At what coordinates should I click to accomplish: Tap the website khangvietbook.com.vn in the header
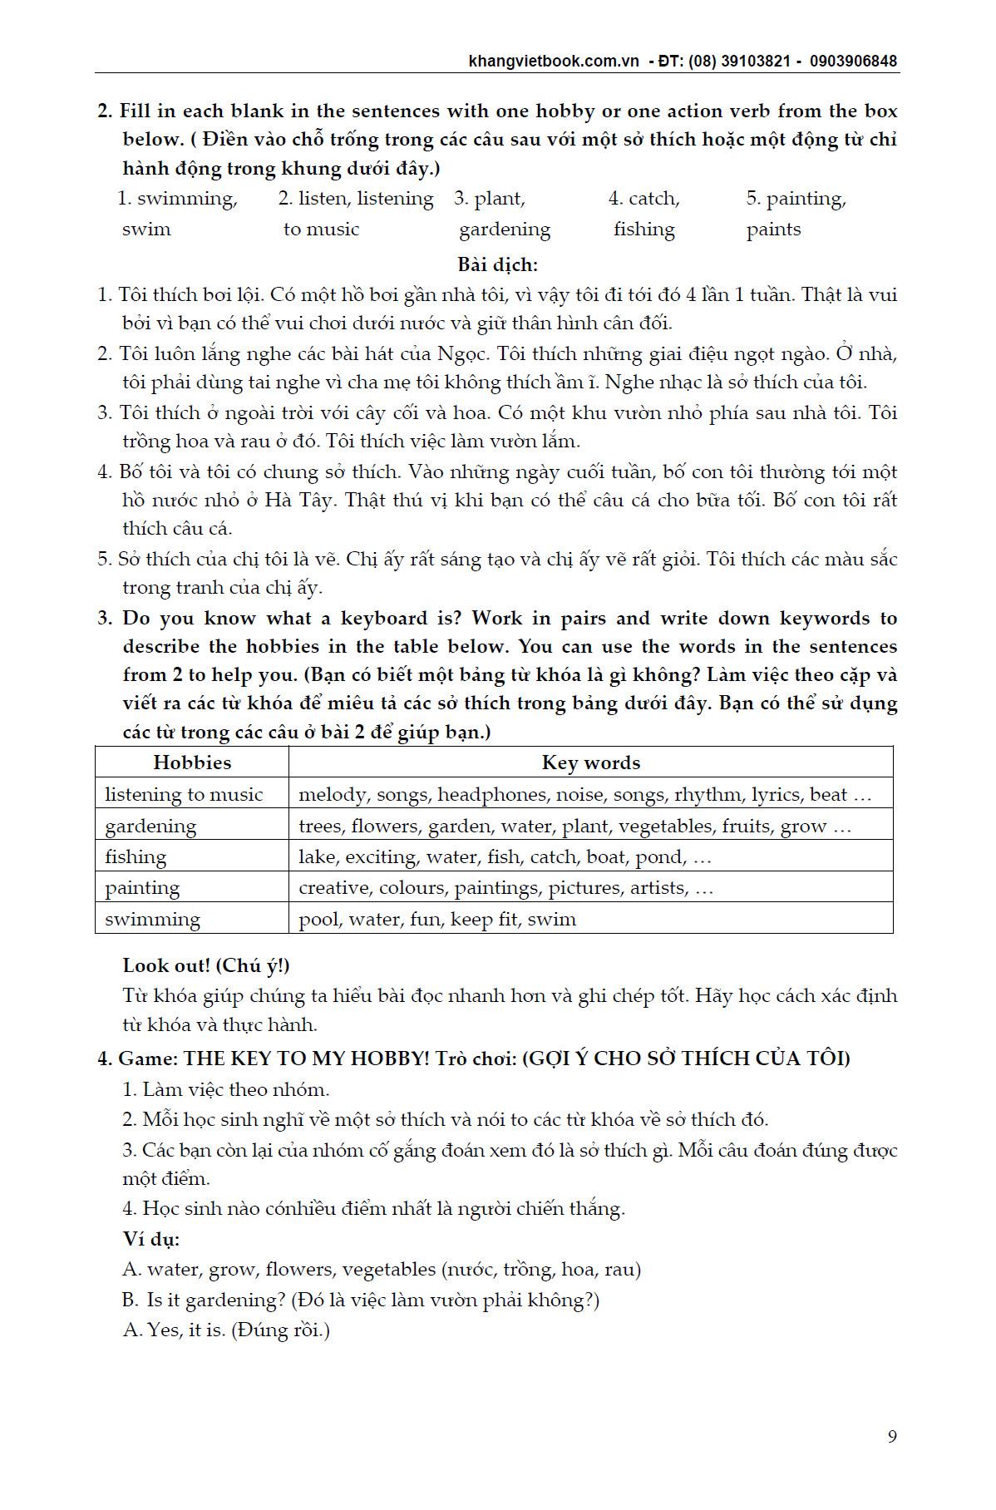point(554,61)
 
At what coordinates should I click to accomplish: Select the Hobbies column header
point(192,762)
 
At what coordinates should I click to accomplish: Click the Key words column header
point(590,762)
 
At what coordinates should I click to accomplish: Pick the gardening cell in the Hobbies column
point(150,826)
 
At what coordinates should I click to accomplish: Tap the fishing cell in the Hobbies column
point(136,856)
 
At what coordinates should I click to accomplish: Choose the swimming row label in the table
point(152,919)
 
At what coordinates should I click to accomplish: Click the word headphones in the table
point(492,794)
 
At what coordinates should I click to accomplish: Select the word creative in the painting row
point(334,888)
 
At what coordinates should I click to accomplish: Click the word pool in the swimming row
point(318,920)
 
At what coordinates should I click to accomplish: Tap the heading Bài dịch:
point(497,265)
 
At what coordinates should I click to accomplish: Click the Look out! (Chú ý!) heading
point(206,965)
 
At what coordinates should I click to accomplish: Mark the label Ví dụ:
point(150,1238)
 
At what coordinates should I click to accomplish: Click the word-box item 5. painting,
point(796,199)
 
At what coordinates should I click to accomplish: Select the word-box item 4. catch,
point(643,199)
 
